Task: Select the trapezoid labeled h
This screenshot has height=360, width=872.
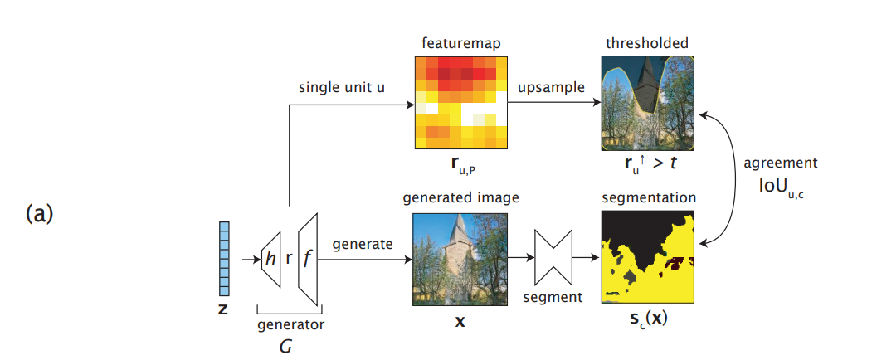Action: [270, 259]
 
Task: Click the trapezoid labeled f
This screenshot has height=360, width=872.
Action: [307, 258]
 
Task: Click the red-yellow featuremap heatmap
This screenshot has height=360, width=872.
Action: [461, 102]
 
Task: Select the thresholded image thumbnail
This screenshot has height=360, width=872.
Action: [648, 102]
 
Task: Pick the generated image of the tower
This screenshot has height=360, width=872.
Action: [460, 259]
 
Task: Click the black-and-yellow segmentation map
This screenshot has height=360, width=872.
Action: [648, 259]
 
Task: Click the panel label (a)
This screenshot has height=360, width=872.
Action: [40, 214]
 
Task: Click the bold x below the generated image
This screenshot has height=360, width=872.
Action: [460, 319]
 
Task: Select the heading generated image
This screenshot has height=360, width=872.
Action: [460, 198]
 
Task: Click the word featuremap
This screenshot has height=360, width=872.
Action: [460, 41]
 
